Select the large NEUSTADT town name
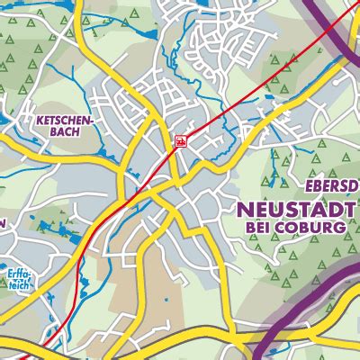tap(297, 209)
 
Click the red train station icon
tap(180, 141)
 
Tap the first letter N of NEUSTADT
tap(244, 209)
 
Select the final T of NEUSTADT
tap(351, 209)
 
